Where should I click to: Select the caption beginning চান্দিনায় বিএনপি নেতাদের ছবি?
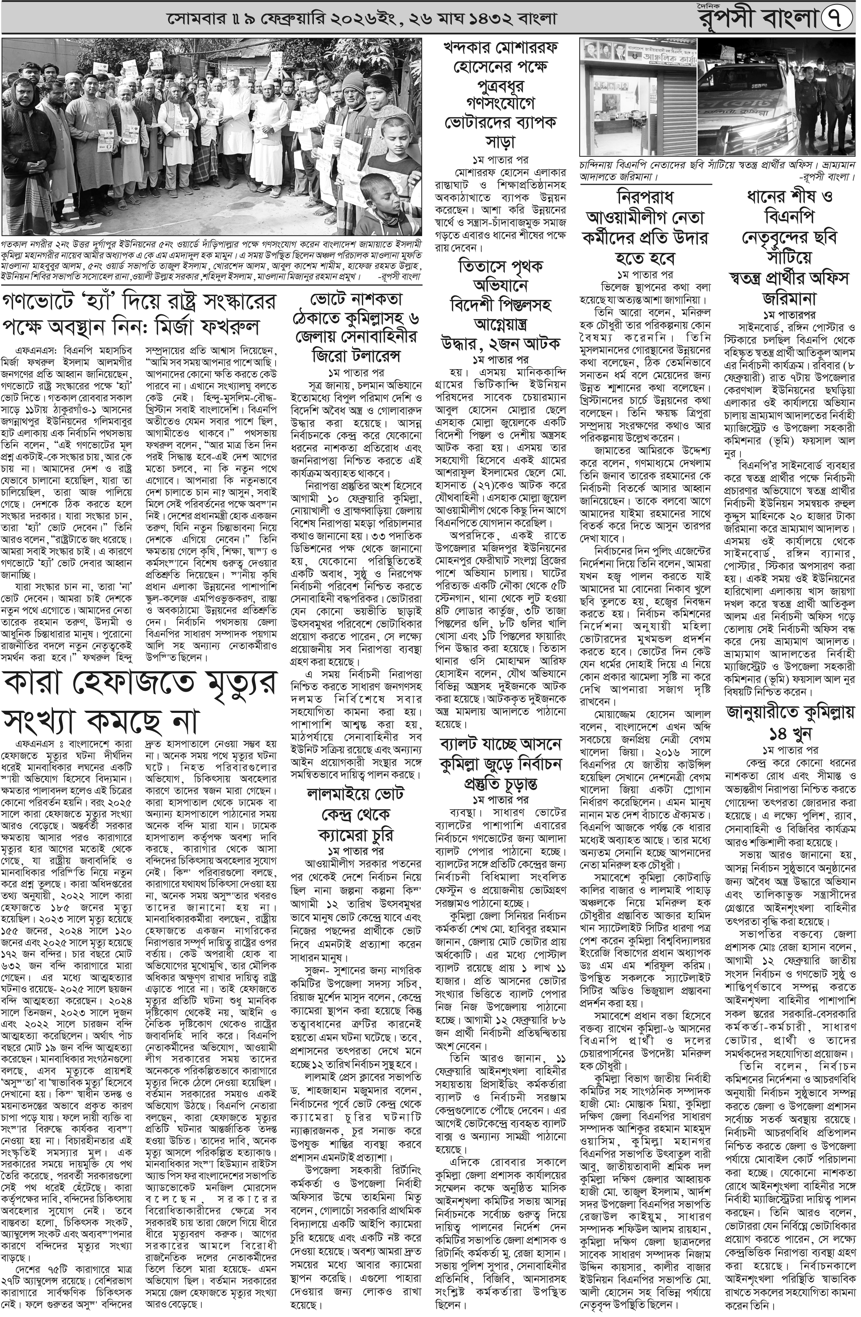716,171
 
